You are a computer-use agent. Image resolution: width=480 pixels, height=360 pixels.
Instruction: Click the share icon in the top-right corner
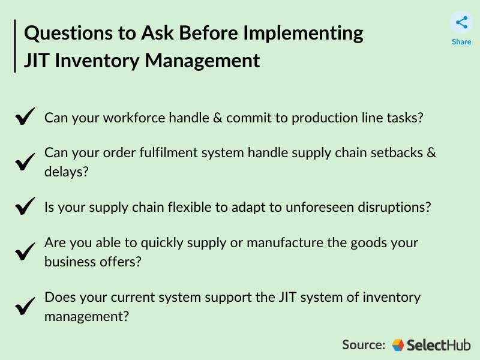(461, 23)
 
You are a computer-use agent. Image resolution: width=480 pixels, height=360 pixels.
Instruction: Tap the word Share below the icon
(461, 42)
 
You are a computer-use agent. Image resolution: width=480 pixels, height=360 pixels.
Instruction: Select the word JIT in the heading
(37, 61)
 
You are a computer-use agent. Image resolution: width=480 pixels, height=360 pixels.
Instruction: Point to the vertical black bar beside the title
(15, 46)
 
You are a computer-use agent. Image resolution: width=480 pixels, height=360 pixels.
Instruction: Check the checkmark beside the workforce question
(25, 117)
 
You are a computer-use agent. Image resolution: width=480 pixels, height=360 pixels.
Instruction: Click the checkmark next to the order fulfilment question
(25, 162)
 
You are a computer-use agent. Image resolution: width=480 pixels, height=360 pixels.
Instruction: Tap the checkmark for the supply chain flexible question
(25, 207)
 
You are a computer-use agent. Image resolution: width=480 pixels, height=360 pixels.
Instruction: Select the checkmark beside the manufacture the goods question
(25, 253)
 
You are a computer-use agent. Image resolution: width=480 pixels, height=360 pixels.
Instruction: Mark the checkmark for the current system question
(25, 307)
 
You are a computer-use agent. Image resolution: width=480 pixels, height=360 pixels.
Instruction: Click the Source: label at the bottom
(364, 344)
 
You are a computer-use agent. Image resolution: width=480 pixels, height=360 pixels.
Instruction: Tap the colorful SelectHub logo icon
(398, 344)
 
